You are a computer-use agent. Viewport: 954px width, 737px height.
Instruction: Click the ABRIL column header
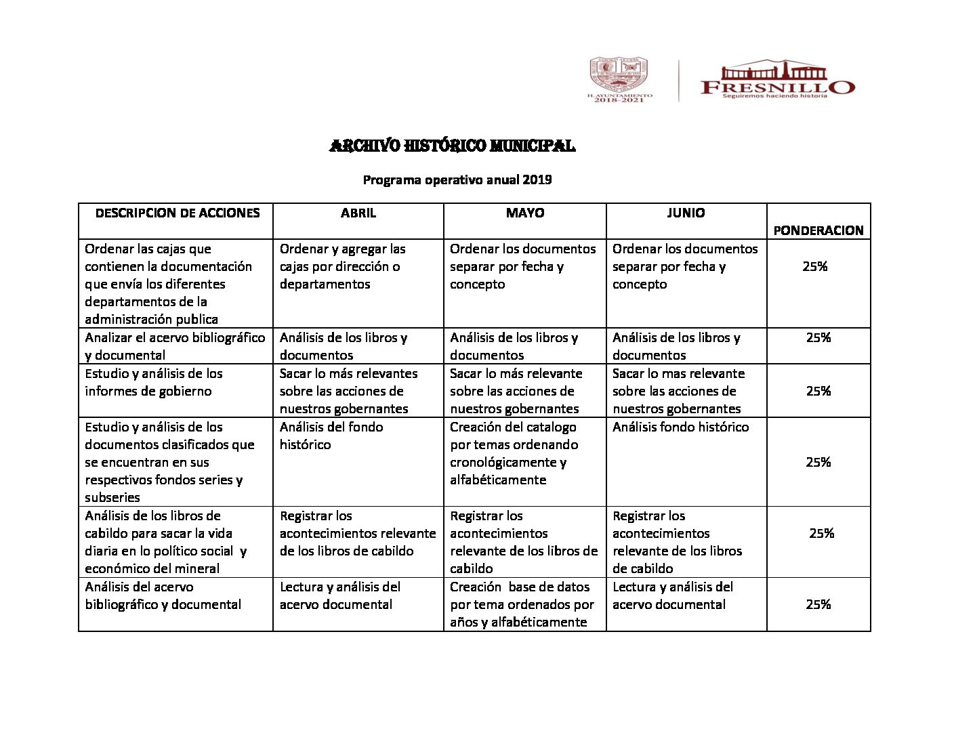coord(358,213)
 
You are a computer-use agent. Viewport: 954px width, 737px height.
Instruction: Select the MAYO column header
coord(524,213)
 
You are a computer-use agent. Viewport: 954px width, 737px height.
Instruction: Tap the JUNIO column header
coord(686,213)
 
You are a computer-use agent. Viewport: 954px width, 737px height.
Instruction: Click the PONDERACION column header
coord(818,230)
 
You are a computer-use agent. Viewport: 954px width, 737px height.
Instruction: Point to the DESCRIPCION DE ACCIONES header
coord(178,213)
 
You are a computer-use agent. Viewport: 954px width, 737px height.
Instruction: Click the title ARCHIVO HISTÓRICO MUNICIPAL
coord(452,146)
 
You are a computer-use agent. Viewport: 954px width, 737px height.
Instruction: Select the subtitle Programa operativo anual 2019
coord(457,180)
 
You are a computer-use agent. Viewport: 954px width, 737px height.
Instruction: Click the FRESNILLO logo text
coord(777,86)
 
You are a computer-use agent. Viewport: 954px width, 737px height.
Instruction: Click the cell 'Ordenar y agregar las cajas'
coord(343,266)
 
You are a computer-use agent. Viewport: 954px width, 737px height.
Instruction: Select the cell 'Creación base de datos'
coord(522,604)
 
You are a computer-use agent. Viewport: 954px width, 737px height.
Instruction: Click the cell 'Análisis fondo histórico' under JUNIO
coord(680,427)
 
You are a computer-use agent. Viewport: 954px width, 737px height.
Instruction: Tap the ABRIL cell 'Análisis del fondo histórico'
coord(331,436)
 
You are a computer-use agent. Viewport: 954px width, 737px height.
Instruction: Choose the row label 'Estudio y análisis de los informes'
coord(154,382)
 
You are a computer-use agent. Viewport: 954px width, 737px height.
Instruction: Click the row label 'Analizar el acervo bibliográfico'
coord(175,346)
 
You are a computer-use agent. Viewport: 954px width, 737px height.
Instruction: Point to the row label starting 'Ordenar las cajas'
coord(168,284)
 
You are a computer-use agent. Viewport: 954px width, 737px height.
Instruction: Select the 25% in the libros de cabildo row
coord(821,534)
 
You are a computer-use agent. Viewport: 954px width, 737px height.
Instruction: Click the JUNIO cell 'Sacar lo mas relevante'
coord(677,391)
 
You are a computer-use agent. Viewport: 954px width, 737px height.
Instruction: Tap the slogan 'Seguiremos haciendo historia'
coord(775,96)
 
